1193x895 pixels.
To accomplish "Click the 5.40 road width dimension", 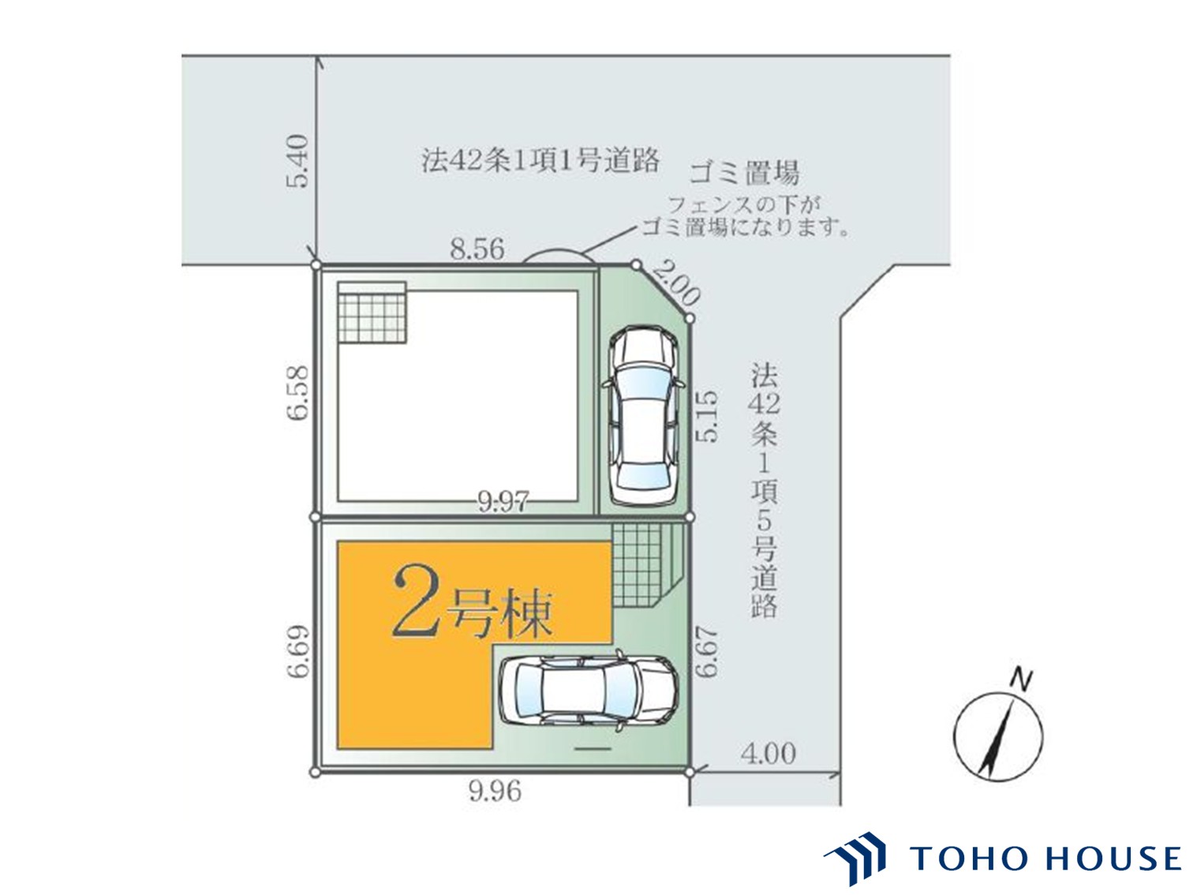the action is tap(297, 161).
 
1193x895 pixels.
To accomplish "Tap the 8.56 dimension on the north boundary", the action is tap(477, 249).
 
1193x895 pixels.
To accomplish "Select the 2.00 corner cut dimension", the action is tap(675, 282).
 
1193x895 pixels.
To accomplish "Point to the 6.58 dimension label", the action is tap(297, 392).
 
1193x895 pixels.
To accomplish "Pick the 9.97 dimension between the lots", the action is tap(503, 502).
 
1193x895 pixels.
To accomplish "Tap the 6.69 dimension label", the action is tap(297, 651).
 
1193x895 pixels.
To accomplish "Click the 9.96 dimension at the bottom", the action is tap(495, 791).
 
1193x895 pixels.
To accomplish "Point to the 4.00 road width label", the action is tap(768, 753).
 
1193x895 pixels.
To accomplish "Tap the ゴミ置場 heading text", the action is tap(743, 174).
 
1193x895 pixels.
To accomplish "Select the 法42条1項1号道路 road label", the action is tap(540, 160).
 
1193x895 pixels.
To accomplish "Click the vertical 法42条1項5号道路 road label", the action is tap(764, 490).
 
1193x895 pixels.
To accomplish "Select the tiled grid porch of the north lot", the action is tap(372, 313).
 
